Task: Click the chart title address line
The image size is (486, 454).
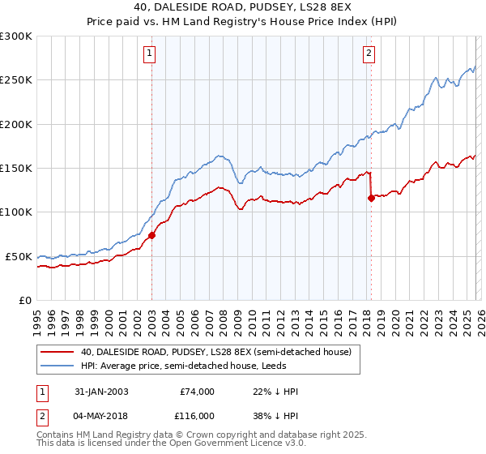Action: pyautogui.click(x=243, y=9)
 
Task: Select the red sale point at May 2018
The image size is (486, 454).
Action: pyautogui.click(x=371, y=198)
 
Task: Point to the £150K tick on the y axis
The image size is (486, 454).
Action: pyautogui.click(x=18, y=168)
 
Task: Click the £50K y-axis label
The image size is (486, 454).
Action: pyautogui.click(x=19, y=256)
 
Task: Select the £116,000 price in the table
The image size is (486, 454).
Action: pyautogui.click(x=197, y=414)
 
